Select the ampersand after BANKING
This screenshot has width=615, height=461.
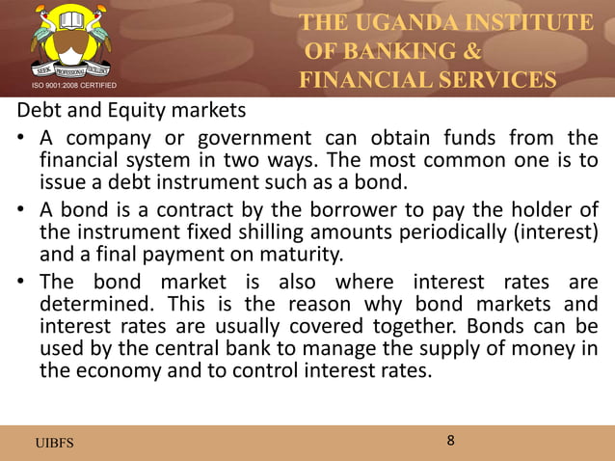[x=472, y=50]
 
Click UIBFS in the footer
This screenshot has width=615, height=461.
[x=54, y=443]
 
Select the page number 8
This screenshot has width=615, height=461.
[x=450, y=441]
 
